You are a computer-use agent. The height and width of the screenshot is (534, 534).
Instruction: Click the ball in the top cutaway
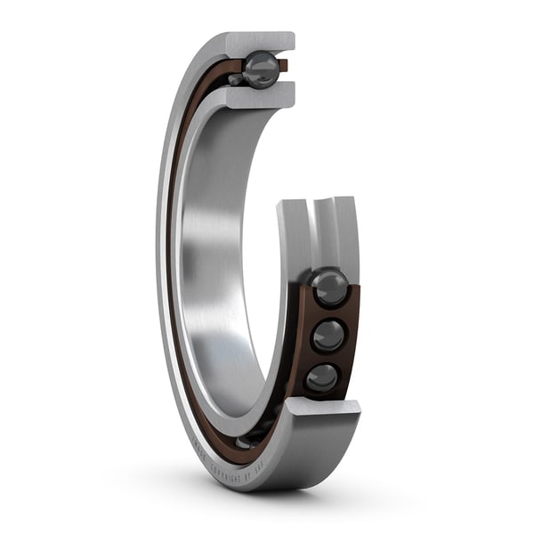point(262,69)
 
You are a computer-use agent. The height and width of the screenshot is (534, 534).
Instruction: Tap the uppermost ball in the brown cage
point(328,287)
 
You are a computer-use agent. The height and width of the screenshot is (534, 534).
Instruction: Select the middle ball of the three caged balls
point(328,336)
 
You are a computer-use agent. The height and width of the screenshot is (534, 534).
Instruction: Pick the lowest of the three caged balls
point(321,379)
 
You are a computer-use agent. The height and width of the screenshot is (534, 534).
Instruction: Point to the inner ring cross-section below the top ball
point(261,96)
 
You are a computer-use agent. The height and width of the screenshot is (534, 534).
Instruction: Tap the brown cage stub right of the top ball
point(283,65)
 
